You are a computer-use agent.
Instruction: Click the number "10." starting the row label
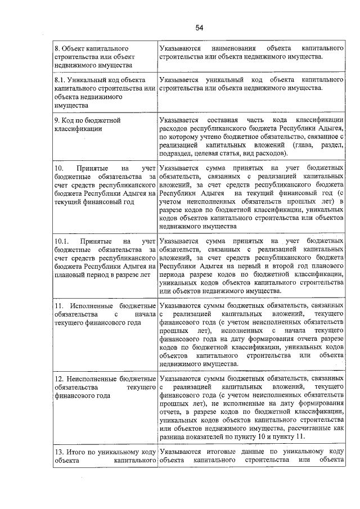tap(59, 168)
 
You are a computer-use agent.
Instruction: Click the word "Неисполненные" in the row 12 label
tap(93, 379)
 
